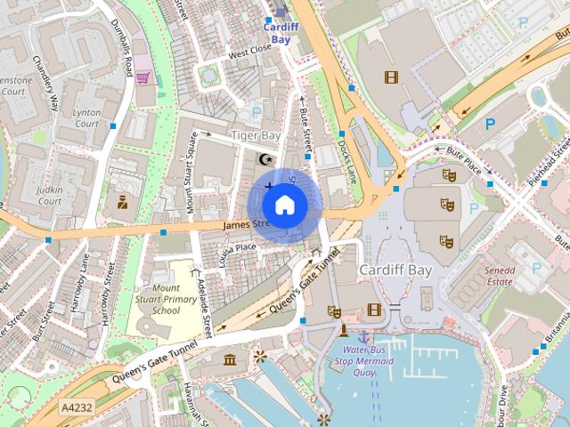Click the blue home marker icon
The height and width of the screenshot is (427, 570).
284,205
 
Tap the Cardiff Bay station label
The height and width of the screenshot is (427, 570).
281,34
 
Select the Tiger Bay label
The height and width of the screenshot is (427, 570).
256,135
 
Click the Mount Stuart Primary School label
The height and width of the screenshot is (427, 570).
166,300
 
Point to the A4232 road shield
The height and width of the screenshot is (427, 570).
77,407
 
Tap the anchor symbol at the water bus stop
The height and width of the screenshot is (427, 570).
363,336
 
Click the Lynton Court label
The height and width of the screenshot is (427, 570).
86,118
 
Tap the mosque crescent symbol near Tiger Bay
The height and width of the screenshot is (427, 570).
264,158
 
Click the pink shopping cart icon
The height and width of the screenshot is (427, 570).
142,78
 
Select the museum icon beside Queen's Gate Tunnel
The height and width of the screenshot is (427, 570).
231,359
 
